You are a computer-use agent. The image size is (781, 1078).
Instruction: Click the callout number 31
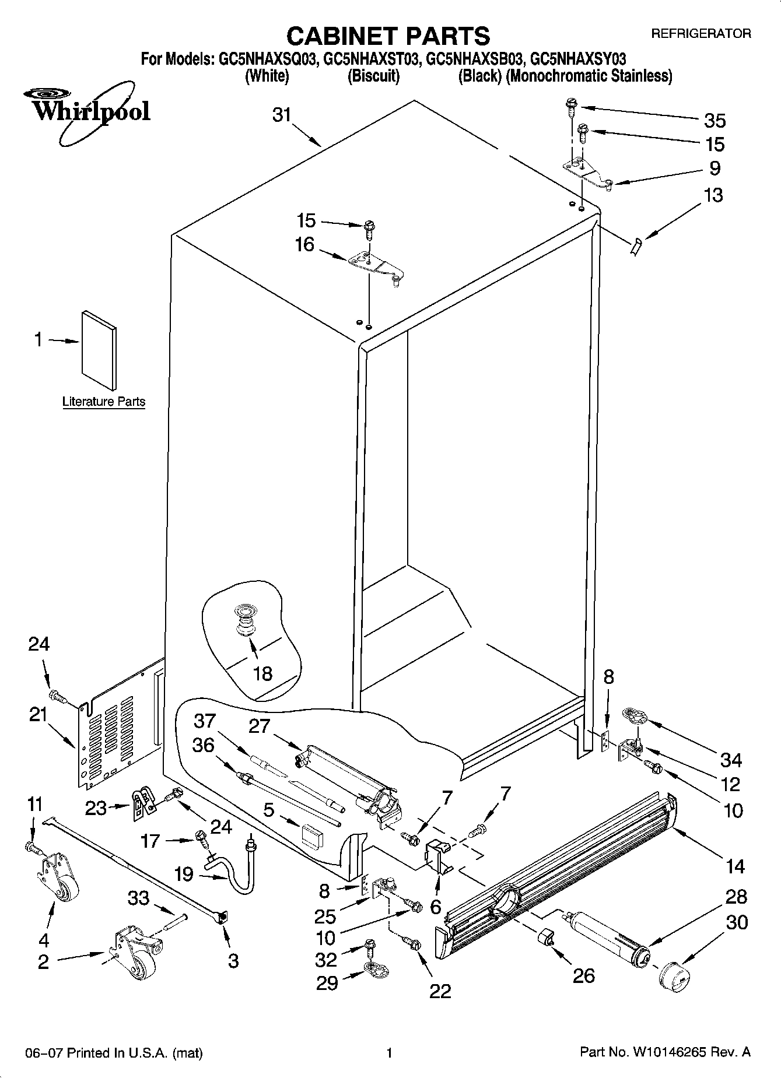(282, 115)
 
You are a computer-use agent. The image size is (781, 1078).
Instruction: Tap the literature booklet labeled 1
(99, 349)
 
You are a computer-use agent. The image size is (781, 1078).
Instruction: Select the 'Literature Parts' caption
(104, 402)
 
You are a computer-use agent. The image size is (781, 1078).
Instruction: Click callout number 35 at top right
(715, 121)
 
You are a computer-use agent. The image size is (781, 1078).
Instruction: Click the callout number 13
(714, 195)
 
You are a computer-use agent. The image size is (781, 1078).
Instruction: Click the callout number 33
(138, 898)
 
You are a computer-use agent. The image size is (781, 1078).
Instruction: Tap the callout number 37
(205, 721)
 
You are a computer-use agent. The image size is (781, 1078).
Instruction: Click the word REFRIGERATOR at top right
(701, 34)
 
